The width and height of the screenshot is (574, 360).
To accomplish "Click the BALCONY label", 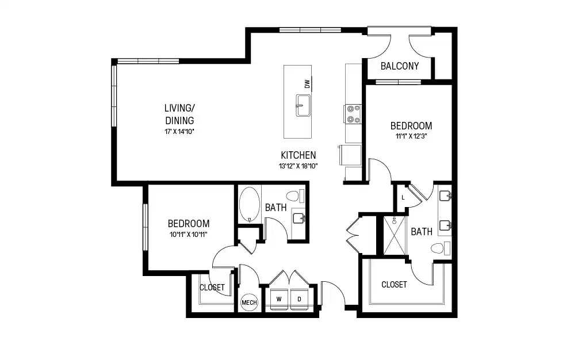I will pos(400,66).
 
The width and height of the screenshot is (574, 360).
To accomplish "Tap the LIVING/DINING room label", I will pos(179,114).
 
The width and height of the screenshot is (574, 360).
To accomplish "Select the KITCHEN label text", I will pos(298,155).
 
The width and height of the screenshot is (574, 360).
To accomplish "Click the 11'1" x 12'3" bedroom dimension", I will pos(411,137).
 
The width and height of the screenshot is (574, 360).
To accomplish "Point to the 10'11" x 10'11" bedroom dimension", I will pos(188,234).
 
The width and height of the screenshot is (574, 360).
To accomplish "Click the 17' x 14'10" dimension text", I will pos(179,132).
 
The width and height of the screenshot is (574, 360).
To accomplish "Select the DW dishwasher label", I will pos(308,84).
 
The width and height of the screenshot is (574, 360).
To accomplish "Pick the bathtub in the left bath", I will pos(248,204).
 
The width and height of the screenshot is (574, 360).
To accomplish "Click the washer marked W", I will pos(279,299).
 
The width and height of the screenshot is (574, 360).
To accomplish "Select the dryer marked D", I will pos(299,299).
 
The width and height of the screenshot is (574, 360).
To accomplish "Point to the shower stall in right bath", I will pos(396,235).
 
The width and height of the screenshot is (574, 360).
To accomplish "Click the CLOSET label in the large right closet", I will pos(394,285).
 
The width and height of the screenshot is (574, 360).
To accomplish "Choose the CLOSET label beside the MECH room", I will pos(212,288).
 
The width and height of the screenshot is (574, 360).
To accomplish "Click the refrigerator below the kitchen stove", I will pos(351,155).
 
